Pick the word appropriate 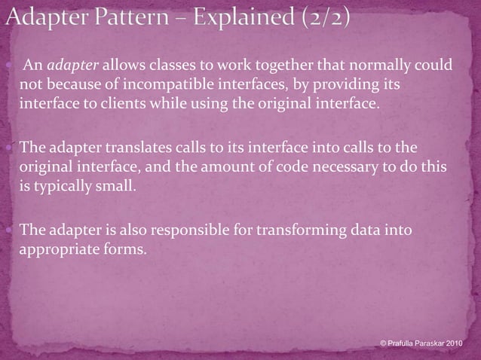click(58, 249)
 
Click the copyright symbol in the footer click(384, 343)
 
